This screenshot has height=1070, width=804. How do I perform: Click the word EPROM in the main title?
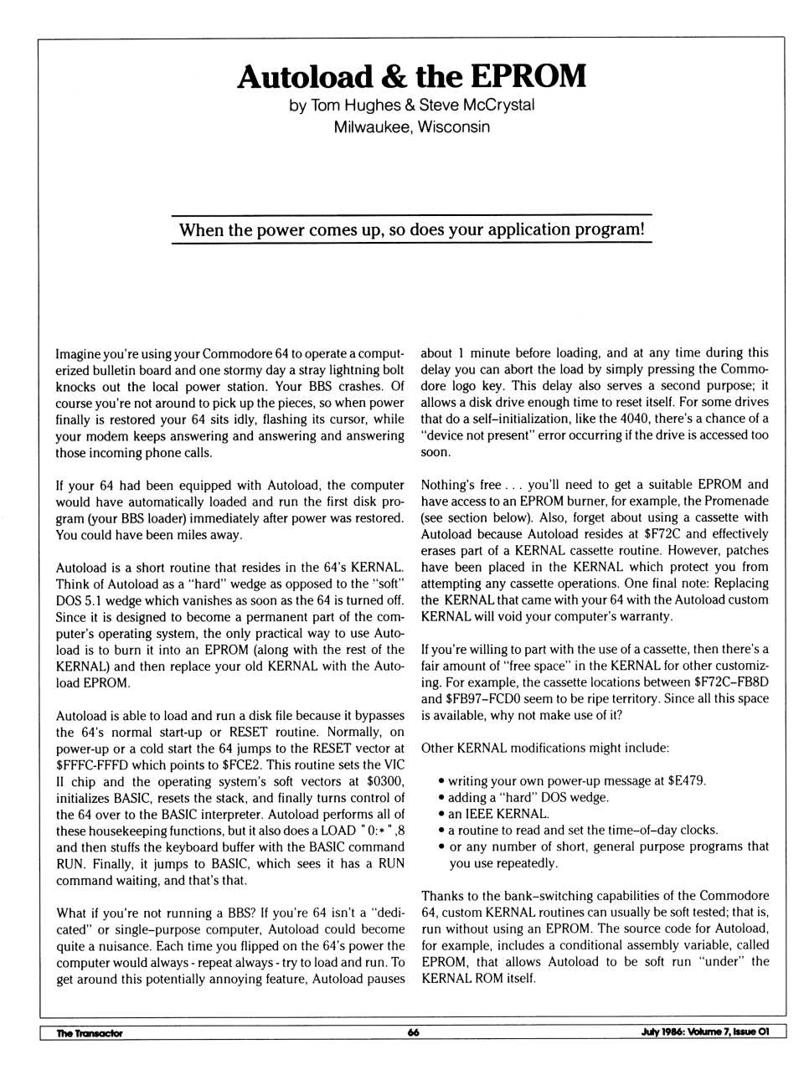coord(528,76)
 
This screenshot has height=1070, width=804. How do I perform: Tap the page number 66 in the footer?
coord(413,1032)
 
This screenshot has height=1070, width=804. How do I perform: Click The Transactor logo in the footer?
coord(89,1032)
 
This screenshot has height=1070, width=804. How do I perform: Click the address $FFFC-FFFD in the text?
coord(90,765)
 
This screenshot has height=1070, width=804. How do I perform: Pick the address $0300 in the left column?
coord(385,781)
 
